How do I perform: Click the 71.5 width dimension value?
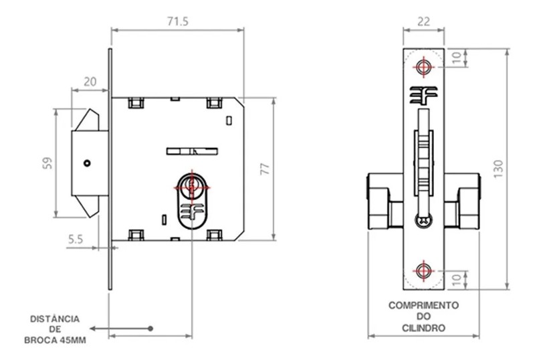pos(178,22)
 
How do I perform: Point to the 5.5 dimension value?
pos(76,238)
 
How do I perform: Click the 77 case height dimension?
pos(265,169)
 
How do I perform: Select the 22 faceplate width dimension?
pos(423,22)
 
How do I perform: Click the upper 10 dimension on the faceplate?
pos(457,58)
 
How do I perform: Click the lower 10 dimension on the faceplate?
pos(457,280)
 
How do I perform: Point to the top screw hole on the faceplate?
pos(423,67)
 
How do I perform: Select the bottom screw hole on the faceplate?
pos(423,271)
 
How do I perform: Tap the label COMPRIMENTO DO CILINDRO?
pos(423,316)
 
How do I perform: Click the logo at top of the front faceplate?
pos(423,95)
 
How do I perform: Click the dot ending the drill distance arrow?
pos(151,328)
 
